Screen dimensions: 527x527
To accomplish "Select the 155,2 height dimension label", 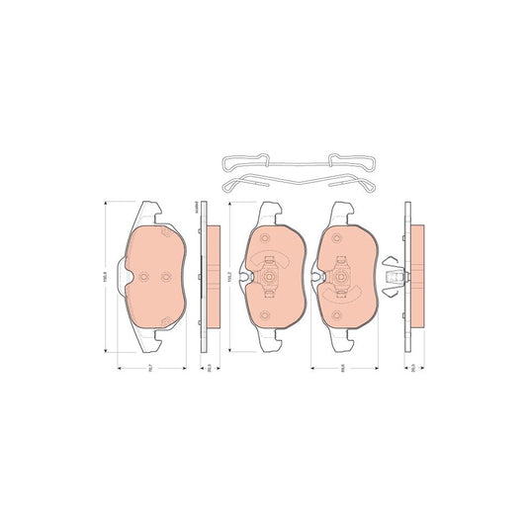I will tap(229, 279).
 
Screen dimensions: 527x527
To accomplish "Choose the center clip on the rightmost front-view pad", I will tap(344, 278).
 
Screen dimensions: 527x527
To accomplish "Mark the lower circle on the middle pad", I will tap(265, 314).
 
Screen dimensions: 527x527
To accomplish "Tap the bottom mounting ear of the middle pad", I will tap(269, 342).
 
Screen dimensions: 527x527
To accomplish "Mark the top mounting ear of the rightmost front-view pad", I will tap(342, 211).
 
